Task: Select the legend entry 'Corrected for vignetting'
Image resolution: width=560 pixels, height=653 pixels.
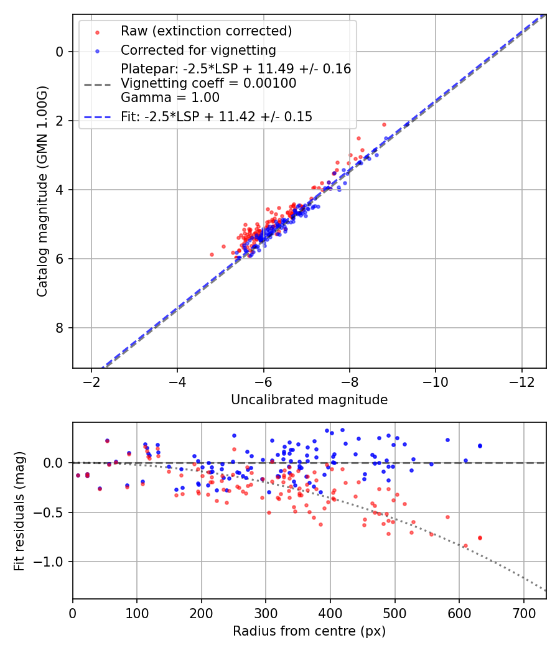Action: tap(198, 50)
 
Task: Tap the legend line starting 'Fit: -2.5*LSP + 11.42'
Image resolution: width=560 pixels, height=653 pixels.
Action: tap(217, 116)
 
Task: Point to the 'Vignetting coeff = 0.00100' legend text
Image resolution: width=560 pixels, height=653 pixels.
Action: tap(208, 83)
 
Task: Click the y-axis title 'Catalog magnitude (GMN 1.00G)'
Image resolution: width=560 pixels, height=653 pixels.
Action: tap(42, 191)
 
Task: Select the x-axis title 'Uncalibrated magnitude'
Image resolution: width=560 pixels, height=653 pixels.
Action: tap(309, 400)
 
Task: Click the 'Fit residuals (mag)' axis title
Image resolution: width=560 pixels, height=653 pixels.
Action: tap(19, 511)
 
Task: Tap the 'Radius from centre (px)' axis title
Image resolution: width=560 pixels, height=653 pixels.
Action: tap(309, 631)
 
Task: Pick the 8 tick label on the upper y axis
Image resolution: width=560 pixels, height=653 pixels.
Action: tap(60, 328)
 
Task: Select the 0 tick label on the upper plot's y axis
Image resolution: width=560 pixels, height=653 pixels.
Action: tap(60, 52)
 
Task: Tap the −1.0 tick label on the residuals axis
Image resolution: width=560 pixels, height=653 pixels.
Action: tap(52, 562)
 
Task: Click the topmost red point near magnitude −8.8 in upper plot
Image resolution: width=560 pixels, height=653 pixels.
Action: tap(384, 124)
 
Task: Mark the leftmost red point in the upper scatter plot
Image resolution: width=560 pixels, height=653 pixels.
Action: tap(212, 254)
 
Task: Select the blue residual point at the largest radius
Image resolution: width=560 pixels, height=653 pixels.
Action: tap(480, 445)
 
